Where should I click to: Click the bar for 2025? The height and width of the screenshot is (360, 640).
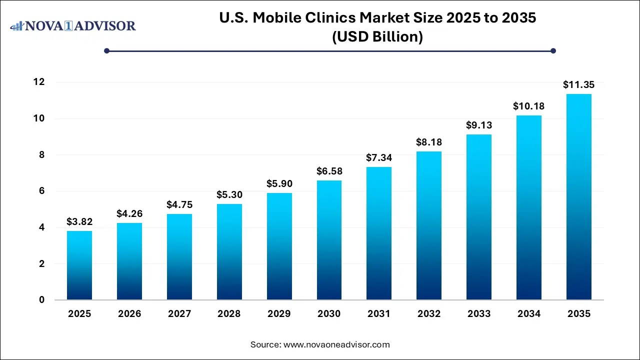79,265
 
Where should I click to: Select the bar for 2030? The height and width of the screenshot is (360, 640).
329,240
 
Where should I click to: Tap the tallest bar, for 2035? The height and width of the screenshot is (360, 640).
579,197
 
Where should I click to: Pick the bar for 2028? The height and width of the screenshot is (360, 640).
229,251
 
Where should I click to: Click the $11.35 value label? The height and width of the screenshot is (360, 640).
579,84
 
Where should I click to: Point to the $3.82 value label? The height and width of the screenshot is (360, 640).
79,221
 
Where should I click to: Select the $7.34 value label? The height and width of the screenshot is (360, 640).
379,158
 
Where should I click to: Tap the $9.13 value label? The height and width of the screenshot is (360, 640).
479,125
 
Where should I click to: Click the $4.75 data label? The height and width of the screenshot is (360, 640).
179,204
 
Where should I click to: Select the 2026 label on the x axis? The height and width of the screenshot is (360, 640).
129,314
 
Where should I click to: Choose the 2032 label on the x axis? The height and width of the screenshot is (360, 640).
429,314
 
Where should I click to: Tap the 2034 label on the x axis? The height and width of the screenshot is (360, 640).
529,314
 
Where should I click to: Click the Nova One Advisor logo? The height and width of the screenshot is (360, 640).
73,25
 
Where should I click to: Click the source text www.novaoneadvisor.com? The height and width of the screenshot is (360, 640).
336,344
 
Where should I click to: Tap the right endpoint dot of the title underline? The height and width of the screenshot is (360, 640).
553,50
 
